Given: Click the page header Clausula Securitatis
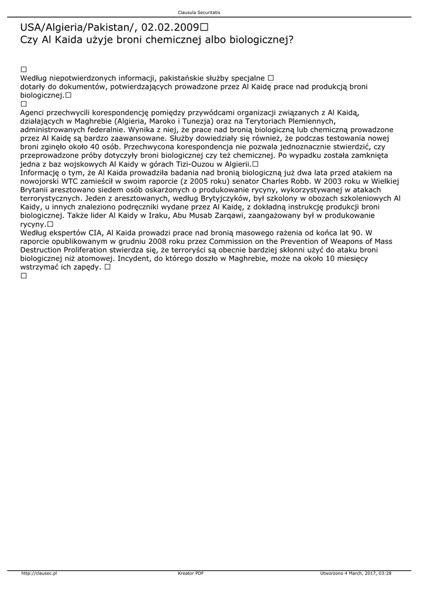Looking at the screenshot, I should coord(199,12).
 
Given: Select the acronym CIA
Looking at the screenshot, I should coord(94,233).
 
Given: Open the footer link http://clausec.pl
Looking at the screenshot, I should coord(39,573).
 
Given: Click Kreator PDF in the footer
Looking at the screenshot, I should coord(191,573).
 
